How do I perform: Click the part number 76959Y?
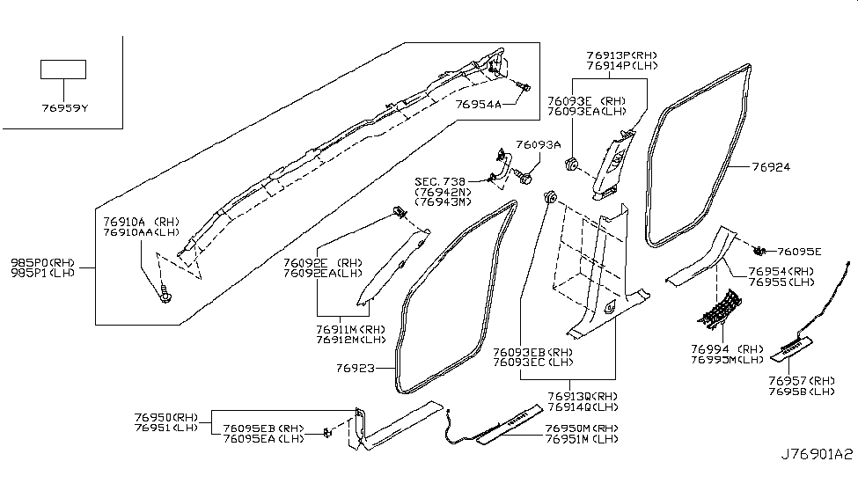click(64, 108)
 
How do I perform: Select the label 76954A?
click(478, 105)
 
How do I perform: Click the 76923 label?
click(356, 370)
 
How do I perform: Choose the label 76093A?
click(539, 144)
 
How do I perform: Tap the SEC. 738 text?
click(441, 181)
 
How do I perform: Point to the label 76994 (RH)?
click(725, 348)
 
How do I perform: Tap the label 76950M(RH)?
click(581, 428)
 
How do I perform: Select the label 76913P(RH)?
click(621, 55)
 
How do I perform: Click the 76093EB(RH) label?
click(532, 351)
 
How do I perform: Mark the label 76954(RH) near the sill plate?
click(780, 272)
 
